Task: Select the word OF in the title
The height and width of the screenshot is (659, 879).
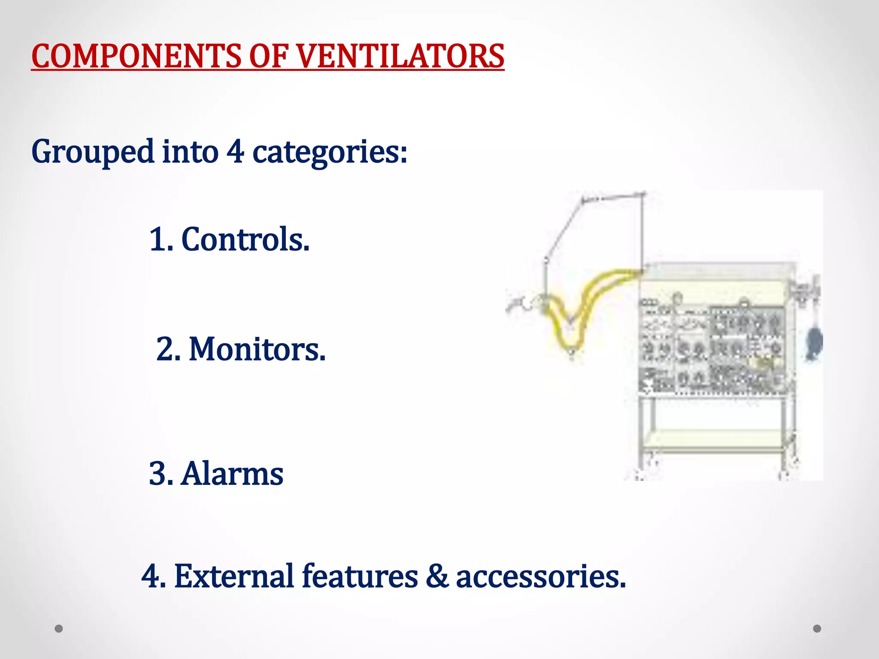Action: coord(268,56)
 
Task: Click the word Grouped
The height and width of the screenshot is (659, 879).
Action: coord(93,152)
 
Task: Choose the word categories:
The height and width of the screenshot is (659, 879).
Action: coord(330,152)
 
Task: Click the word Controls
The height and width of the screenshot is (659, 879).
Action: coord(245,239)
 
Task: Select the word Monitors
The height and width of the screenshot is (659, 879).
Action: coord(257,349)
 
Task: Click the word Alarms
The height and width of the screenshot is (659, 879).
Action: coord(232,474)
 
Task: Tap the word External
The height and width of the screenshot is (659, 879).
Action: coord(234,576)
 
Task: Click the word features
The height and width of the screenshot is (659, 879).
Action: coord(360,576)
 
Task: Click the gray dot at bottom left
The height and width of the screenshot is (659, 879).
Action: coord(59,629)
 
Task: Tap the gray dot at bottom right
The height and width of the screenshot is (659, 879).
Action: coord(817,629)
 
